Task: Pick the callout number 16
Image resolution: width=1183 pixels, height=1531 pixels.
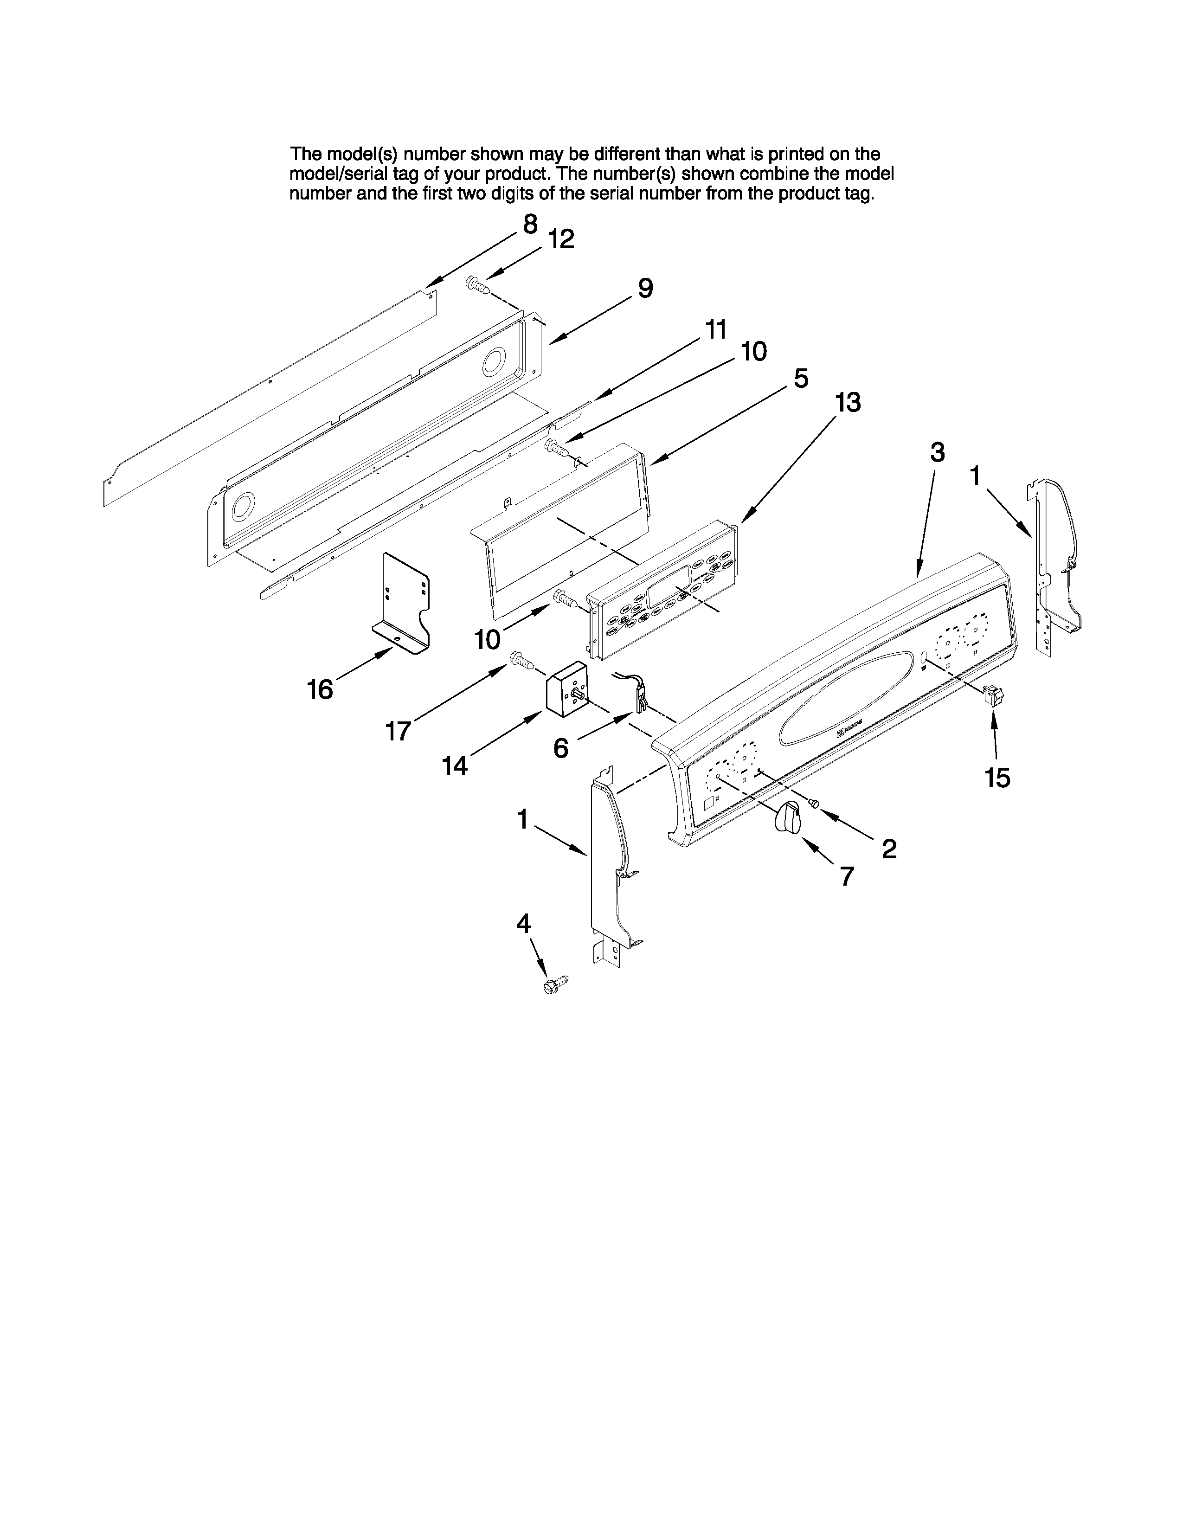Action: tap(320, 690)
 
